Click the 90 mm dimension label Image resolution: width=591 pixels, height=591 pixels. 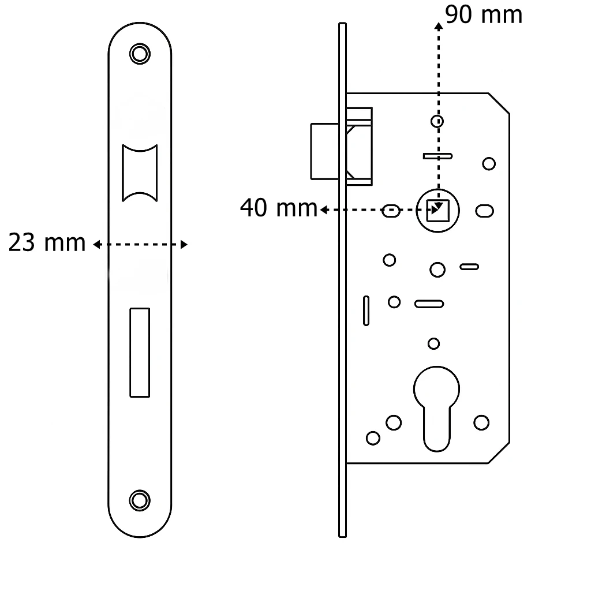point(484,15)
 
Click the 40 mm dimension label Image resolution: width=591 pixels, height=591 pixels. point(279,208)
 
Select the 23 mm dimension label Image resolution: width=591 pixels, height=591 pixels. point(47,242)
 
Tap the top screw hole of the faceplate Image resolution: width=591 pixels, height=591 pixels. point(140,54)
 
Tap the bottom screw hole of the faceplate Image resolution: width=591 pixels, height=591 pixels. point(140,500)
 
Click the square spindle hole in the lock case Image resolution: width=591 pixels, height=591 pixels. point(437,211)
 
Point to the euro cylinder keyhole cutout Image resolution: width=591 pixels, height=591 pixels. point(436,409)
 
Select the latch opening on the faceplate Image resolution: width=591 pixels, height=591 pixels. point(140,173)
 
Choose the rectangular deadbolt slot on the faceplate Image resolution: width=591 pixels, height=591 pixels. point(140,353)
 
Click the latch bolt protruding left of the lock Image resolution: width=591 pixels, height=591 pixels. point(324,151)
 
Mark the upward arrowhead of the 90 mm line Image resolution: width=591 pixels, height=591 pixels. point(439,25)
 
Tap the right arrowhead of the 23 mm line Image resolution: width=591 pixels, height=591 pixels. point(184,245)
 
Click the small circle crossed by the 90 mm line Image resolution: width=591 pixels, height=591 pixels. point(437,121)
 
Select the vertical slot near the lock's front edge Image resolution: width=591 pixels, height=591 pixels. point(366,311)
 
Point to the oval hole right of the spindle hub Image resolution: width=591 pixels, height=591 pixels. point(484,211)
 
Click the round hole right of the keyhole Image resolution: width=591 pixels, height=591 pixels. point(481,422)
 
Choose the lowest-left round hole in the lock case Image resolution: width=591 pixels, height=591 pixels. point(373,438)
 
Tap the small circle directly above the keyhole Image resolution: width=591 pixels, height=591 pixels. point(434,344)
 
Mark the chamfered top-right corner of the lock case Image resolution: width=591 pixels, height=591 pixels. point(499,103)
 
